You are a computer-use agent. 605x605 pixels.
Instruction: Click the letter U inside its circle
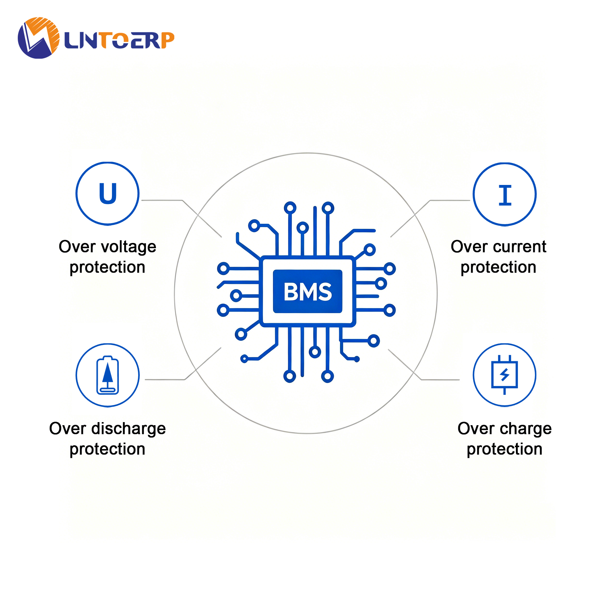[108, 193]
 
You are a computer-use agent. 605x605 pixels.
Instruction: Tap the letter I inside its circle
[505, 195]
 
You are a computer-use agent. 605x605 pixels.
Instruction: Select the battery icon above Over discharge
[108, 375]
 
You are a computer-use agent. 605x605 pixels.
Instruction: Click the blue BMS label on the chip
[308, 291]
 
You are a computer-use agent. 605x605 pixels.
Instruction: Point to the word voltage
[129, 247]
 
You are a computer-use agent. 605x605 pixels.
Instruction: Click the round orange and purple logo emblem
[39, 38]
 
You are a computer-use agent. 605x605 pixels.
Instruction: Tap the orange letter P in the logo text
[167, 40]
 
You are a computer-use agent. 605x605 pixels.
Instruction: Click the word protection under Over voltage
[107, 268]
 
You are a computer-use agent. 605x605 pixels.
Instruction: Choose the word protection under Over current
[499, 268]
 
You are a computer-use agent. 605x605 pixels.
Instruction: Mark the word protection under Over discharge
[107, 449]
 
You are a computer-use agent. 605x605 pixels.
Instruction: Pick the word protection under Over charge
[505, 449]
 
